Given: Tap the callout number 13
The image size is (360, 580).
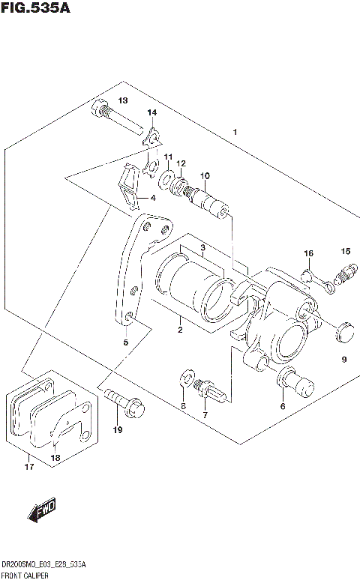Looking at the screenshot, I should [x=122, y=100].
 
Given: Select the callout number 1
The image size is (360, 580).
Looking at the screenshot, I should [x=235, y=133].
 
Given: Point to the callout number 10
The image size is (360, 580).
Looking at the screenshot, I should [x=204, y=175].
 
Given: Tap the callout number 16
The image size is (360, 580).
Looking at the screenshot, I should [x=308, y=253].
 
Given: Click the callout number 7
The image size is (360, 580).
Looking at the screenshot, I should [x=203, y=414].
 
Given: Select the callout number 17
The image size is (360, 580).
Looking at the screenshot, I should [x=29, y=469].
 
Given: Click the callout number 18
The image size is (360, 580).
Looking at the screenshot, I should [x=54, y=457].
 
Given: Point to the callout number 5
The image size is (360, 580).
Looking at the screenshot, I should [x=126, y=342].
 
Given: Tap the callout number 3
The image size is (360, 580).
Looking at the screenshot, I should [x=202, y=248].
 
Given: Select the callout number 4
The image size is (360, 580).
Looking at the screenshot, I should [x=153, y=198].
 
